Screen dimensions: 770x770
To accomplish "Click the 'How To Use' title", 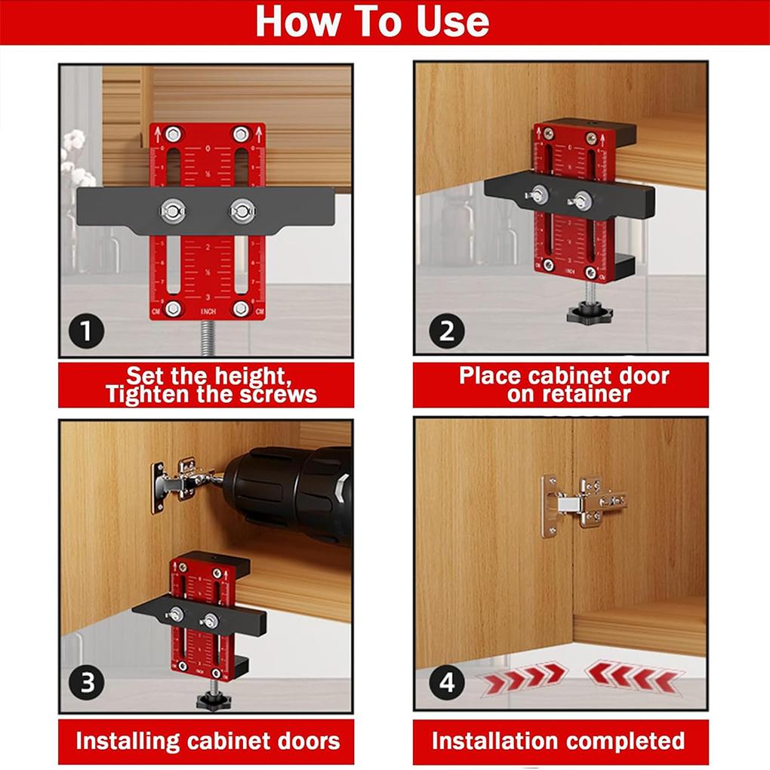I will [x=372, y=22].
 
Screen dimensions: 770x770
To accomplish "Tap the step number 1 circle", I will [x=86, y=331].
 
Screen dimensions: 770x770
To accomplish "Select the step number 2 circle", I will [x=445, y=331].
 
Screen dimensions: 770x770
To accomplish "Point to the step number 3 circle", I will [x=86, y=683].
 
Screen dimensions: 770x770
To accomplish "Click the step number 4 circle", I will [x=446, y=682].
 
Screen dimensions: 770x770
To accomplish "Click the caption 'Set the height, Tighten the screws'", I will [x=206, y=385].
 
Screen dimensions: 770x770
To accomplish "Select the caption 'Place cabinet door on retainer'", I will [x=562, y=385].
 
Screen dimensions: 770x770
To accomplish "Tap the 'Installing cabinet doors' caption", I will [x=207, y=741].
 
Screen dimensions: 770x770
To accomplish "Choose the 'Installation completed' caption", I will [x=559, y=741].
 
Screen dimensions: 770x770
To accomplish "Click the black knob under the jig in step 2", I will [x=589, y=311].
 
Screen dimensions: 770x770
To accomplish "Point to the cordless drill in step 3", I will [x=294, y=491].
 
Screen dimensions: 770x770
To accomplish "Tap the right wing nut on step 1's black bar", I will [x=242, y=210].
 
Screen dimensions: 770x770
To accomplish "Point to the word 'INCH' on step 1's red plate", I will [x=208, y=311].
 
